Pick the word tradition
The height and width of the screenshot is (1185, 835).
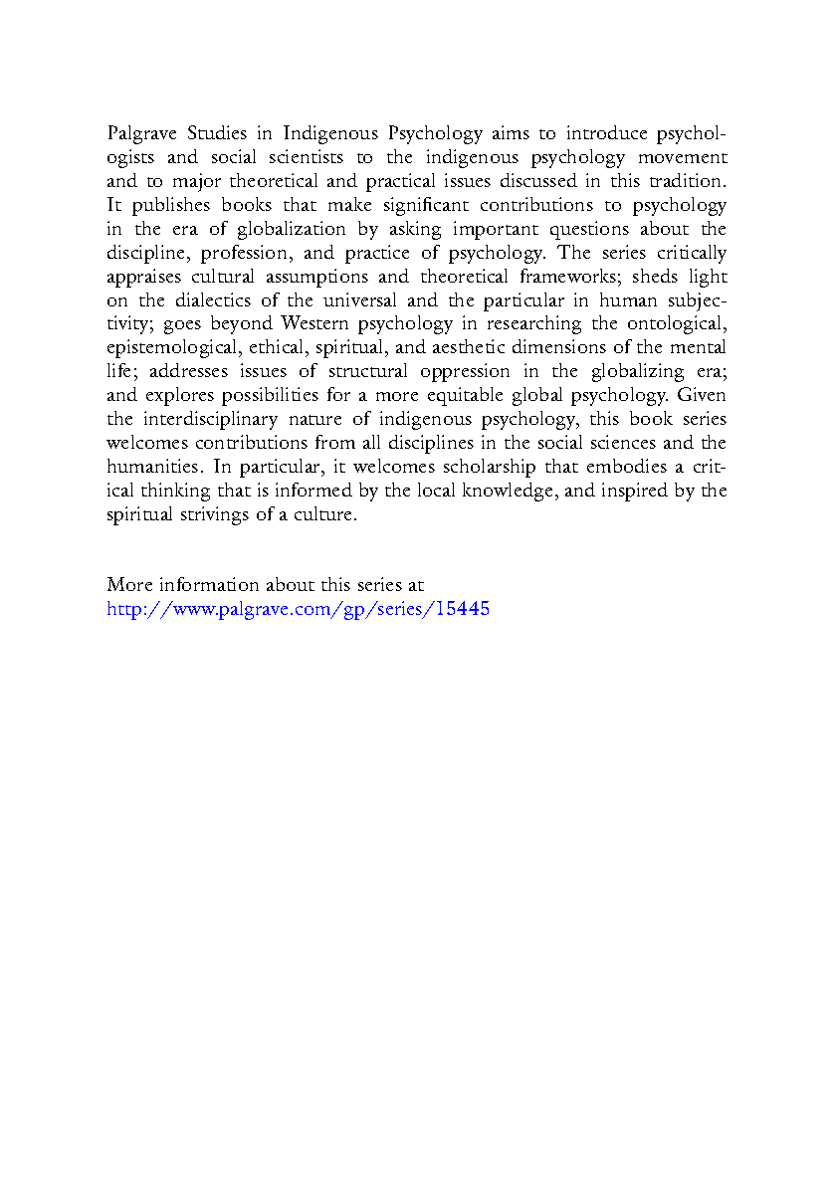[x=689, y=181]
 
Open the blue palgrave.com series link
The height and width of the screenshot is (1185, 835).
[x=298, y=609]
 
